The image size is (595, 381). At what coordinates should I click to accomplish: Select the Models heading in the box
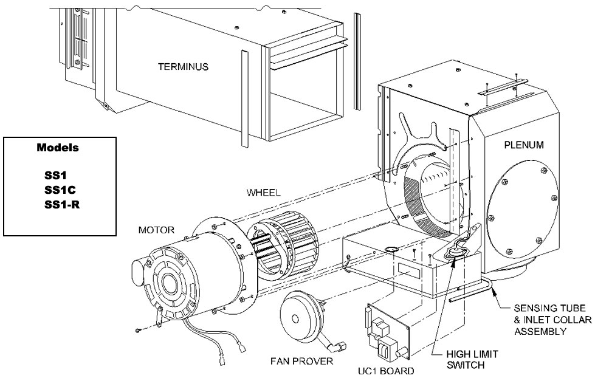point(60,148)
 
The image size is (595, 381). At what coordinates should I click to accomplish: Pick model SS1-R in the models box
point(60,202)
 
